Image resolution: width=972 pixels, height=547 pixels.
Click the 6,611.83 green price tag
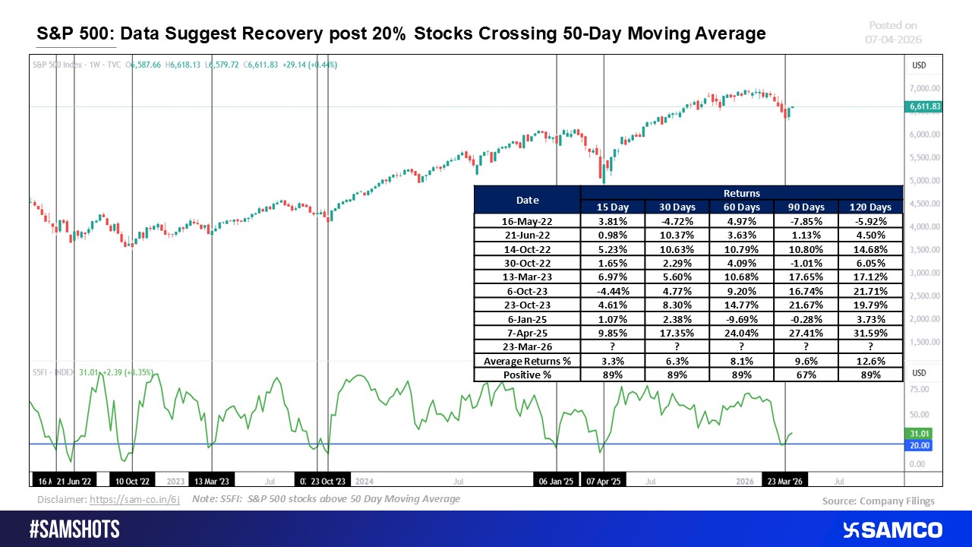[x=924, y=107]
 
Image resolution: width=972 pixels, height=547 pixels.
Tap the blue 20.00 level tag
[x=919, y=445]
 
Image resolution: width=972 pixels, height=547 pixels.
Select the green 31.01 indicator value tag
[x=919, y=434]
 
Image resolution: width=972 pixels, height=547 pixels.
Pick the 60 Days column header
[x=742, y=207]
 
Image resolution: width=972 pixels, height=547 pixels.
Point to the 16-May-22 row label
[x=527, y=221]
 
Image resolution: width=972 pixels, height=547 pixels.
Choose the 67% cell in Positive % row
[x=806, y=375]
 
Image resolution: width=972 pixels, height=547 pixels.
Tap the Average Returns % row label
[x=527, y=362]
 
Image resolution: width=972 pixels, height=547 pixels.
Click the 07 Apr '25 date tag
[x=603, y=481]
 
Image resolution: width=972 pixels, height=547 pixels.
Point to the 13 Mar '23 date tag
[x=212, y=481]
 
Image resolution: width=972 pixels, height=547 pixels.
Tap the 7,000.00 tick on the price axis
[x=925, y=89]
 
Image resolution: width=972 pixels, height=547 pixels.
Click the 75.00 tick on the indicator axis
[x=919, y=390]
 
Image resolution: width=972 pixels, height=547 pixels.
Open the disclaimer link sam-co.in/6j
[x=134, y=500]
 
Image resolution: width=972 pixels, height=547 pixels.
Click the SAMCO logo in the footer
[x=892, y=530]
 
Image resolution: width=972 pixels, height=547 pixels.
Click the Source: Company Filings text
[x=878, y=501]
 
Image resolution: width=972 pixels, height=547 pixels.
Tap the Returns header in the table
[x=742, y=193]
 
